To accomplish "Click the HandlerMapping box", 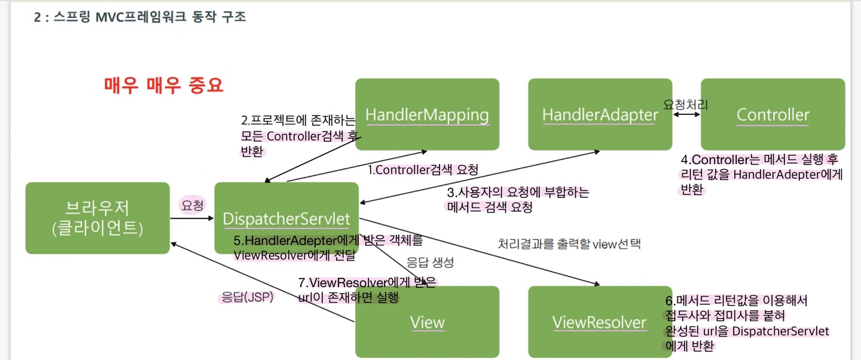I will (427, 114).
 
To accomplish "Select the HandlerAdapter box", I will (600, 114).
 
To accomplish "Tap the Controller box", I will (773, 114).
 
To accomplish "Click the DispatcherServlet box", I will (286, 218).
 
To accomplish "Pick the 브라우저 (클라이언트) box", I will (97, 218).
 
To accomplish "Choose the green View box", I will (427, 322).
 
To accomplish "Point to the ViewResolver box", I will (600, 322).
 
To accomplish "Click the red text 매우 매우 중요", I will (163, 85).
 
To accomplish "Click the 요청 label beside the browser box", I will (192, 205).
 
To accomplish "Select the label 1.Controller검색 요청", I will (423, 170).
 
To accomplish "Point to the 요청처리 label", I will (686, 104).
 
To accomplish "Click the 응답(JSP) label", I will (247, 297).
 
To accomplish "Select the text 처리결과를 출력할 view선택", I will (569, 244).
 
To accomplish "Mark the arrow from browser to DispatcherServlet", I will (192, 218).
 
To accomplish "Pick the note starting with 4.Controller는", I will (761, 175).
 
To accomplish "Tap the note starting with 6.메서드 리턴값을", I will (747, 323).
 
